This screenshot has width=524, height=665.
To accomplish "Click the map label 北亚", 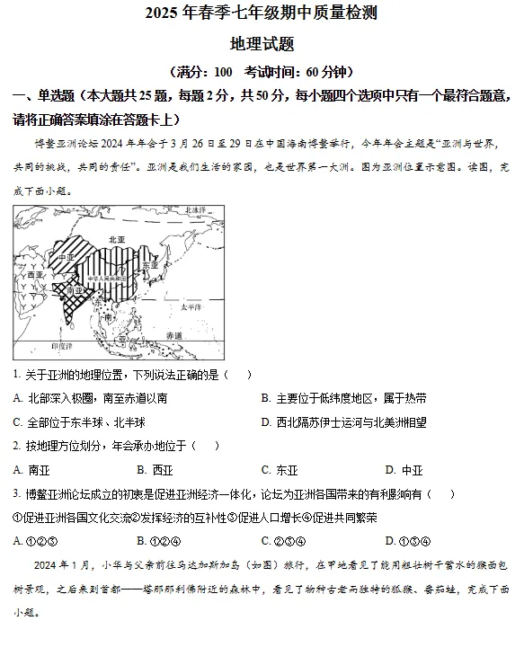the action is click(x=116, y=240).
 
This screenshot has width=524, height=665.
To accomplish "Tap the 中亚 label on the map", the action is click(x=66, y=256).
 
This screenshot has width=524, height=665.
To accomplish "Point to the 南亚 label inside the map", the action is click(x=75, y=290).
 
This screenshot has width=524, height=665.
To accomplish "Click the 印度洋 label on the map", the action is click(x=60, y=345).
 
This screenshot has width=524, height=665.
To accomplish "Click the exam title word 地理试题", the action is click(x=262, y=43).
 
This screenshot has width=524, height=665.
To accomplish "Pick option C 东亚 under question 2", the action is click(x=280, y=469).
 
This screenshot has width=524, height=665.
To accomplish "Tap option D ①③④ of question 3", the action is click(x=408, y=540).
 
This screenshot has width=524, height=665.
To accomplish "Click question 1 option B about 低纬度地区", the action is click(x=344, y=397).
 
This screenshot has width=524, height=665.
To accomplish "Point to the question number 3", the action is click(x=16, y=493).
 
